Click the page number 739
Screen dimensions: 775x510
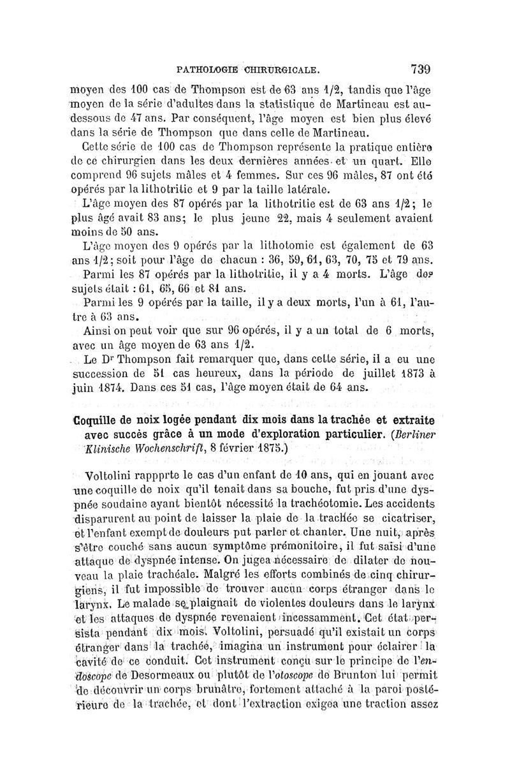[414, 68]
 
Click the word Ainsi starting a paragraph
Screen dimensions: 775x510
[98, 332]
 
